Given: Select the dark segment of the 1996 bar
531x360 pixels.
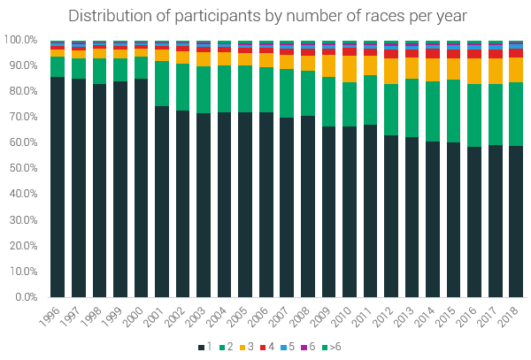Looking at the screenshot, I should (x=58, y=187).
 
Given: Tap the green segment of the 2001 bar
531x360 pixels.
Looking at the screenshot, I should (x=162, y=83).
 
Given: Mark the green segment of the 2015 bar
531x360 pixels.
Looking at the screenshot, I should (x=453, y=111).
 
